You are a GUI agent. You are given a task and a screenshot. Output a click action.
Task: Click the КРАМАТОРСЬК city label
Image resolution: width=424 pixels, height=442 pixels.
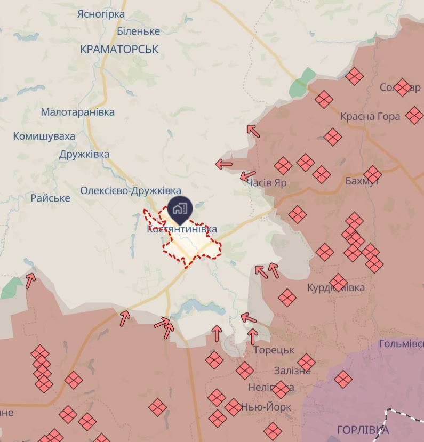[119, 49]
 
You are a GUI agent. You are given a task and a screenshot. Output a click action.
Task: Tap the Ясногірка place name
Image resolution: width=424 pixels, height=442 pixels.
[101, 14]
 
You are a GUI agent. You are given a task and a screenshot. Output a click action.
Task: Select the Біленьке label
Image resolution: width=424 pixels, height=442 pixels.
[138, 31]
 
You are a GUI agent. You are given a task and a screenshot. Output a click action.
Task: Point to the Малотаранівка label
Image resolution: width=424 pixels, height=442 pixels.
[78, 112]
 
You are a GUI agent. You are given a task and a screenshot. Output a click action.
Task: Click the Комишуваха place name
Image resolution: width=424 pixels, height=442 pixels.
[44, 136]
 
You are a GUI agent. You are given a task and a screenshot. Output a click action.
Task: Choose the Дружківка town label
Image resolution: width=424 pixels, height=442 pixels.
[84, 154]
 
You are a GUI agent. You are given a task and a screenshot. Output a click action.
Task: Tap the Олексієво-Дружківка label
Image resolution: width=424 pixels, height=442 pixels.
[131, 190]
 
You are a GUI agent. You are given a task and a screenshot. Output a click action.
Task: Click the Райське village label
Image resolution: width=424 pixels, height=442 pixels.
[50, 198]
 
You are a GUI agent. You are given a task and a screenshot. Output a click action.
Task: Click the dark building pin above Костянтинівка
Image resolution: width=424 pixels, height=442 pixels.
[180, 209]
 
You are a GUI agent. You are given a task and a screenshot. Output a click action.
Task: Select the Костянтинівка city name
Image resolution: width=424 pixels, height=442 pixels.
[182, 229]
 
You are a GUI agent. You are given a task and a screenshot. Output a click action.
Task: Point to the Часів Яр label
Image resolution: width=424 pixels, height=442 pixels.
[267, 182]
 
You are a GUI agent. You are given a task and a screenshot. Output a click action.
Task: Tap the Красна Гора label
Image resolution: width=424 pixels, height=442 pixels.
[370, 116]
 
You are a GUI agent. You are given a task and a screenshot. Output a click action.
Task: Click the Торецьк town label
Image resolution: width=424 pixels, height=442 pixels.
[274, 350]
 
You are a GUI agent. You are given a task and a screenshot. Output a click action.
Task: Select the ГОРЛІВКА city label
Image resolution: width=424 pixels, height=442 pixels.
[363, 430]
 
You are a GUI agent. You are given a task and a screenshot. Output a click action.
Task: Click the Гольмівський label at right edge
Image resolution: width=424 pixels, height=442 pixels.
[401, 344]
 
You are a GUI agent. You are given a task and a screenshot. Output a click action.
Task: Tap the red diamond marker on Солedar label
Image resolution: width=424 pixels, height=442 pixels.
[403, 87]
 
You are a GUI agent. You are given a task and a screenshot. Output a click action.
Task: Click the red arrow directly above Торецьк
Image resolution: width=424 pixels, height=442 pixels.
[253, 336]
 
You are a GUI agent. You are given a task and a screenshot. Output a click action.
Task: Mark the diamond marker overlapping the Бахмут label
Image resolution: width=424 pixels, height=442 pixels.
[373, 174]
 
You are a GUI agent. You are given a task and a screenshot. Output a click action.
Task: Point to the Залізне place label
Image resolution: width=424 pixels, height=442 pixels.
[292, 371]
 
